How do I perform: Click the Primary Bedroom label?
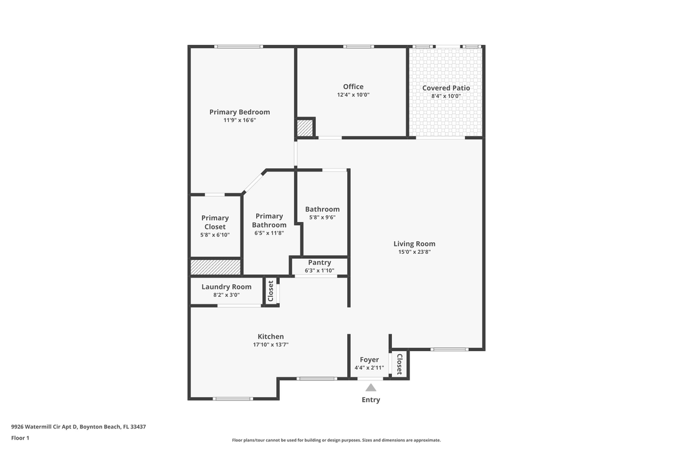[x=239, y=112]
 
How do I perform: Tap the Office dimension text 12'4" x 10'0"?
[x=353, y=95]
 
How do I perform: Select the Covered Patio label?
[x=446, y=88]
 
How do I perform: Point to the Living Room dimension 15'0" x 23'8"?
[x=414, y=252]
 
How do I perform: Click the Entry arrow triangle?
[x=371, y=387]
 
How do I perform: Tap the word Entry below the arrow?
[x=371, y=400]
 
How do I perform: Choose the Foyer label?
[x=369, y=360]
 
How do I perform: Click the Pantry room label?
[x=319, y=263]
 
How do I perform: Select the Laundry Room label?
[x=226, y=287]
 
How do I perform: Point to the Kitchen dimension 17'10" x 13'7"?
[x=270, y=345]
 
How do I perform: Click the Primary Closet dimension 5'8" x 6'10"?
[x=215, y=235]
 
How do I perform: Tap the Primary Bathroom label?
[x=269, y=220]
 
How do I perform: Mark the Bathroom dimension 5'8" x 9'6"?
[x=322, y=218]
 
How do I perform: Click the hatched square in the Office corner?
[x=305, y=128]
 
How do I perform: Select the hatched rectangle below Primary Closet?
[x=216, y=267]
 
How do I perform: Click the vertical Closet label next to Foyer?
[x=399, y=363]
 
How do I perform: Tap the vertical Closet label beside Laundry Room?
[x=270, y=291]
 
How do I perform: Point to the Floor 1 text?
[x=20, y=438]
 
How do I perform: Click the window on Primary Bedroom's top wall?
[x=238, y=46]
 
